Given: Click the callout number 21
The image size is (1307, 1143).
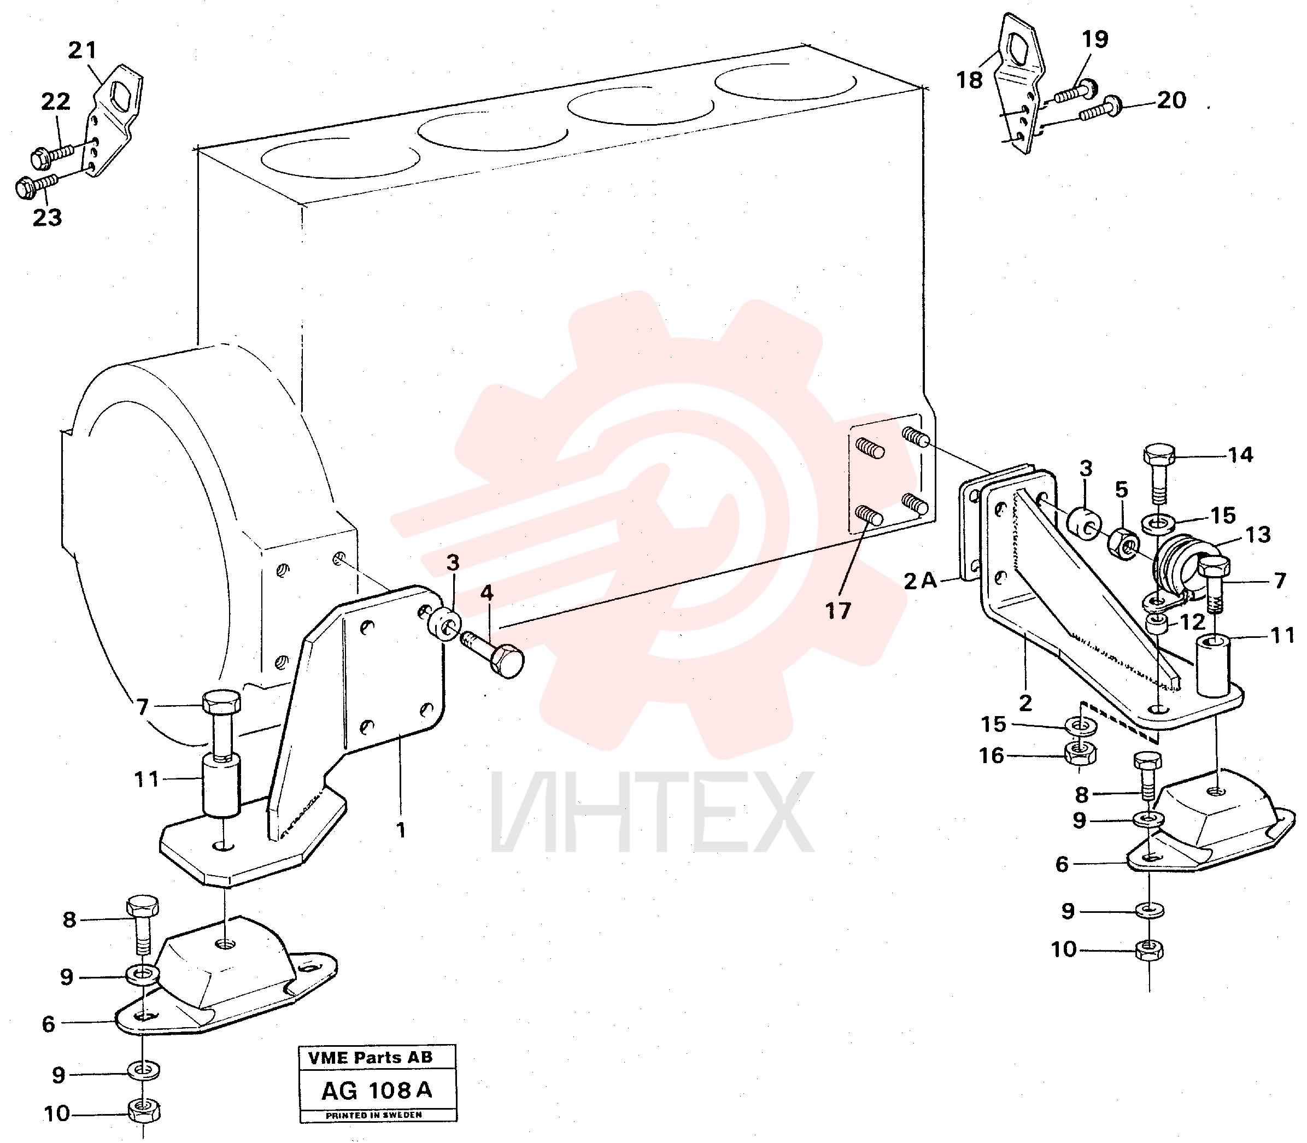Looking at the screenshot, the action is pyautogui.click(x=83, y=50).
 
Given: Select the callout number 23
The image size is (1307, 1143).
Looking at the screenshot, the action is pyautogui.click(x=47, y=218).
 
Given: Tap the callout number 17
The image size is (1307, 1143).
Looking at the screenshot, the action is pyautogui.click(x=838, y=611).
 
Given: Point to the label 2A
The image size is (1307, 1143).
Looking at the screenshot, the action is pyautogui.click(x=920, y=581).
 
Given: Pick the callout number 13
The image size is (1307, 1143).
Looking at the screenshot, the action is pyautogui.click(x=1258, y=535).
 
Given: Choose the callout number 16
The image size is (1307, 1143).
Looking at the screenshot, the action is pyautogui.click(x=992, y=756).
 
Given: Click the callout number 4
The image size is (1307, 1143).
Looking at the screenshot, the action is pyautogui.click(x=487, y=593).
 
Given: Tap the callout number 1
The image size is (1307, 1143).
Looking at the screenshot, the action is pyautogui.click(x=401, y=830).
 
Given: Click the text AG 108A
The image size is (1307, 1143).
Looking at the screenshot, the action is pyautogui.click(x=377, y=1090).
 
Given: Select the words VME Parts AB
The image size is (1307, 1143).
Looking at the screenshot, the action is pyautogui.click(x=371, y=1058).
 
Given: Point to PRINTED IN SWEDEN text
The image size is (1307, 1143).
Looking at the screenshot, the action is pyautogui.click(x=374, y=1115).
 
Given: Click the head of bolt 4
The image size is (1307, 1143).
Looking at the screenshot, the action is pyautogui.click(x=507, y=661).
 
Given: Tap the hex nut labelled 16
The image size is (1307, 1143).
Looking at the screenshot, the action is pyautogui.click(x=1081, y=753).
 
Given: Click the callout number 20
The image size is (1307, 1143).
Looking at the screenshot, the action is pyautogui.click(x=1172, y=99).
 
